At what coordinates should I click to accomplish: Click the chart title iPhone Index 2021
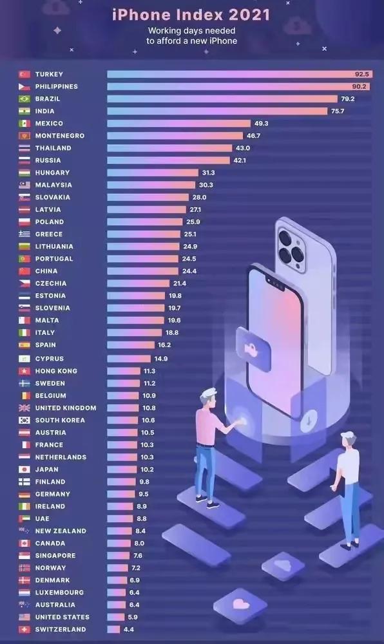click(x=191, y=14)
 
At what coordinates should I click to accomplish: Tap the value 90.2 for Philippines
click(x=360, y=86)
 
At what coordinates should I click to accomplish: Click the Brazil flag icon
click(x=24, y=99)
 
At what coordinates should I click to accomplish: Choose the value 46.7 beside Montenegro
click(x=253, y=136)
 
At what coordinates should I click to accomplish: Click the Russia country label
click(x=48, y=160)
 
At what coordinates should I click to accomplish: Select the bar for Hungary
click(x=153, y=173)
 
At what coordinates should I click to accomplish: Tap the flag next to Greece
click(x=24, y=234)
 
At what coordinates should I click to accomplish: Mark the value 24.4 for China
click(x=189, y=271)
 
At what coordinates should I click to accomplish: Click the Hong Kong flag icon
click(x=24, y=371)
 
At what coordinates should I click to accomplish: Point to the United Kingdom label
click(x=66, y=408)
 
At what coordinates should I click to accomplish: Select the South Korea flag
click(x=24, y=420)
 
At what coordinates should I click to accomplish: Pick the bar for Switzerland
click(x=113, y=629)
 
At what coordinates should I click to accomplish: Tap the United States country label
click(x=62, y=617)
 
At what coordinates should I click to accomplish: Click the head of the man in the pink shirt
click(x=207, y=397)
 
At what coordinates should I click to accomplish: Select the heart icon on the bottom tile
click(x=241, y=604)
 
